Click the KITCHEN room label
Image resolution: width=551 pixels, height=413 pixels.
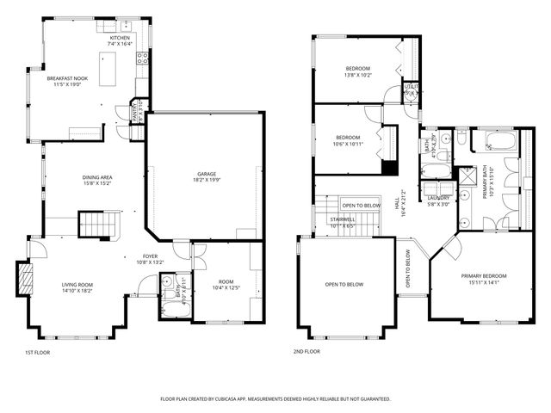pos(119,38)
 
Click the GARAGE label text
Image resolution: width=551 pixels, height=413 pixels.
pos(206,174)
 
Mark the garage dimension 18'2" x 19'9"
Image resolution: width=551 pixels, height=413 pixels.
pos(206,181)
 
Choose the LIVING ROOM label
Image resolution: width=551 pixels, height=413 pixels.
pos(77,285)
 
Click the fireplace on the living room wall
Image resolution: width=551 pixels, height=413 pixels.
pos(25,279)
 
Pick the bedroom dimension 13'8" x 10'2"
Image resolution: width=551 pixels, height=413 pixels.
pos(358,75)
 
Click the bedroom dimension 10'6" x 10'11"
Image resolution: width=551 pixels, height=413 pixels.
pos(348,145)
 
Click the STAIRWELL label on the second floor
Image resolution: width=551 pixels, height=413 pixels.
pos(343,220)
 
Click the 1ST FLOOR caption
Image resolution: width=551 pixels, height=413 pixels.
pos(38,353)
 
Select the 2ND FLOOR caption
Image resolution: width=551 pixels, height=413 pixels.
pos(306,353)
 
